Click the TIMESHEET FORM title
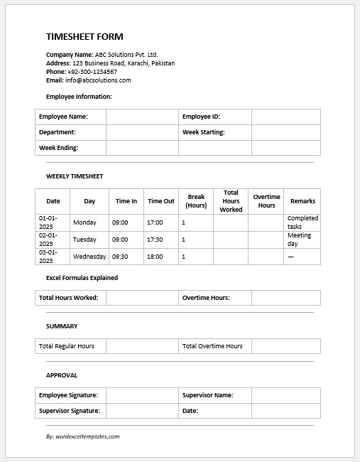pyautogui.click(x=84, y=37)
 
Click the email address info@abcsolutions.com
pyautogui.click(x=97, y=80)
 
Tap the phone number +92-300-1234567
pyautogui.click(x=92, y=72)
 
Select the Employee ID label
pyautogui.click(x=202, y=117)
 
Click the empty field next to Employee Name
pyautogui.click(x=142, y=117)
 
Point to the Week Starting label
pyautogui.click(x=203, y=132)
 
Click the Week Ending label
pyautogui.click(x=58, y=148)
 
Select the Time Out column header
pyautogui.click(x=160, y=201)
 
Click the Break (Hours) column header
pyautogui.click(x=196, y=201)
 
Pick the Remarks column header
pyautogui.click(x=302, y=201)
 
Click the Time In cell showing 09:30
pyautogui.click(x=120, y=257)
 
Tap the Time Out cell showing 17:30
pyautogui.click(x=155, y=240)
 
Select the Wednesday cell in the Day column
pyautogui.click(x=89, y=257)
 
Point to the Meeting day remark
pyautogui.click(x=299, y=240)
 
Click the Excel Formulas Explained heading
pyautogui.click(x=82, y=278)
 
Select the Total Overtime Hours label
pyautogui.click(x=212, y=346)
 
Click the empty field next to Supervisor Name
pyautogui.click(x=285, y=395)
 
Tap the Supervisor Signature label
pyautogui.click(x=70, y=411)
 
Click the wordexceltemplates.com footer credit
pyautogui.click(x=82, y=436)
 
